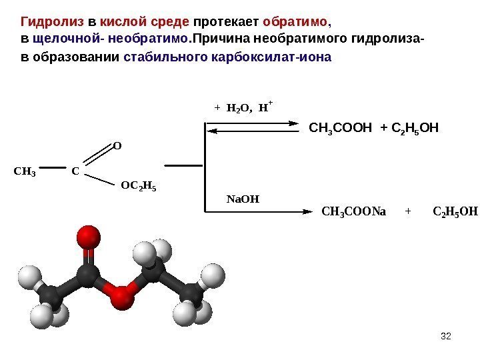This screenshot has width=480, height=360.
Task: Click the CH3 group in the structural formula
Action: point(25,172)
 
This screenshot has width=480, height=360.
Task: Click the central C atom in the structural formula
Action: point(75,172)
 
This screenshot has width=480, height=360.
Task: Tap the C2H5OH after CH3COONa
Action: point(455,213)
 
